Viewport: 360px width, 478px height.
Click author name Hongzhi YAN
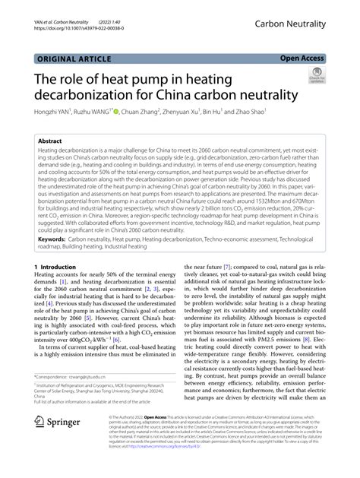click(x=54, y=112)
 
